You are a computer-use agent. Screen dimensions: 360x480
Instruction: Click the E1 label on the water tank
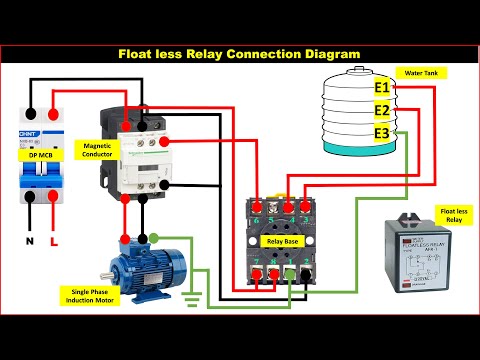(381, 88)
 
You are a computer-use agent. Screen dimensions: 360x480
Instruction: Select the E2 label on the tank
(381, 110)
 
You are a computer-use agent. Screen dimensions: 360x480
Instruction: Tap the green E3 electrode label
(381, 133)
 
